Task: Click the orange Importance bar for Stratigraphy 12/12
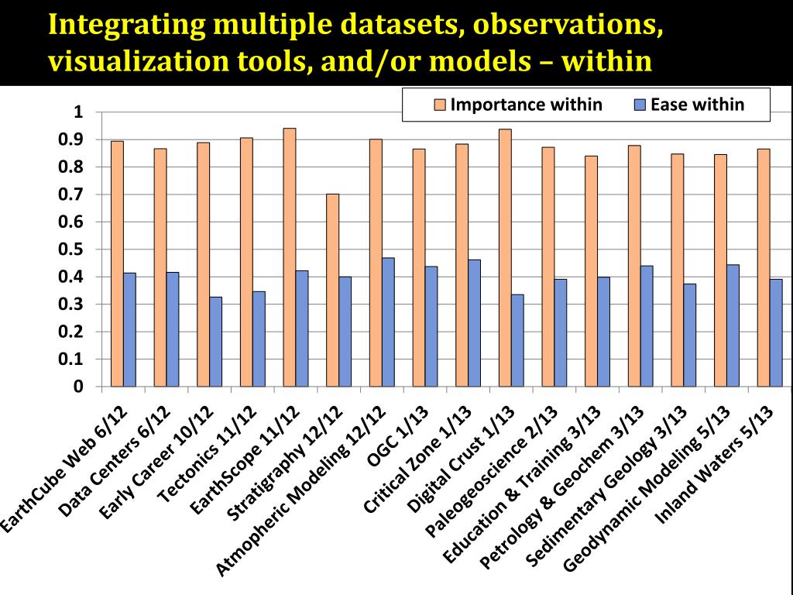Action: point(333,290)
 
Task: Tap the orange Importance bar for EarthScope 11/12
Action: point(290,257)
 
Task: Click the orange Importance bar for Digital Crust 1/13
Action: point(505,257)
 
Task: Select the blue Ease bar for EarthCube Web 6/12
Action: point(129,329)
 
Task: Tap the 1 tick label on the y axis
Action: point(77,112)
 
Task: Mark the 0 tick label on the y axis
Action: point(77,387)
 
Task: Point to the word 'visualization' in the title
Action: point(129,61)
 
